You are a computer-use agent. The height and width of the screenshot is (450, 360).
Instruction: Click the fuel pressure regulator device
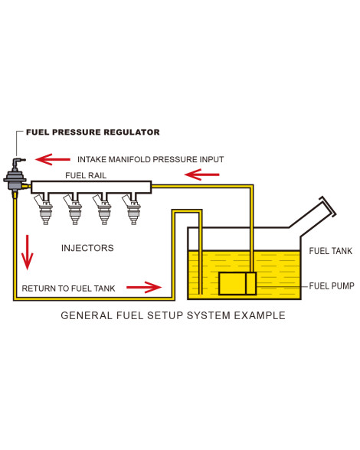(15, 178)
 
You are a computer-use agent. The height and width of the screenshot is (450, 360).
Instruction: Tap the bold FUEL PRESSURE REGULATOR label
(93, 132)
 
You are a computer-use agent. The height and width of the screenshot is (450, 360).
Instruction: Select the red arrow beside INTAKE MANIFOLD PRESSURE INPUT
(53, 159)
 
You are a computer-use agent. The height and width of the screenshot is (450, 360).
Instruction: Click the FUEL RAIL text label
(86, 175)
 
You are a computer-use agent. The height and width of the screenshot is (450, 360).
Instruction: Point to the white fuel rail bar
(91, 187)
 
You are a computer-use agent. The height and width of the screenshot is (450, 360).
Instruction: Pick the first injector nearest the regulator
(44, 208)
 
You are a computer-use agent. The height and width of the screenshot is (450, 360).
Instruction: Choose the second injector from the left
(74, 208)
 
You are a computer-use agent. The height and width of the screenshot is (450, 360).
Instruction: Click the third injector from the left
(103, 208)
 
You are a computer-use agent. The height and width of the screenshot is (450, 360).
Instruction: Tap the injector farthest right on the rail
(132, 208)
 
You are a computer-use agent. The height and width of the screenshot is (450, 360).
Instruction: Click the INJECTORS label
(87, 248)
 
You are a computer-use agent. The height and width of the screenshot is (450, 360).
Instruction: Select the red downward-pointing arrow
(28, 253)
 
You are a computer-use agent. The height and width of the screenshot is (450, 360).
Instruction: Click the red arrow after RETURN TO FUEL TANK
(144, 287)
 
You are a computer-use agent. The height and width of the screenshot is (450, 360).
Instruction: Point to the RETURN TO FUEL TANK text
(68, 289)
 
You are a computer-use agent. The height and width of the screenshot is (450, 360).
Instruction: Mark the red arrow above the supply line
(202, 174)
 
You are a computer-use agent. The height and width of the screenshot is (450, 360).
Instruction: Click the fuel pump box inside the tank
(237, 283)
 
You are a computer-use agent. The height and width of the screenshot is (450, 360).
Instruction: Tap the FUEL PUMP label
(332, 286)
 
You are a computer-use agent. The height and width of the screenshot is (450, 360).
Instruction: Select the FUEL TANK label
(330, 251)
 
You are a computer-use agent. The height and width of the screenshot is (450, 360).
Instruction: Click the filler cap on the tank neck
(328, 207)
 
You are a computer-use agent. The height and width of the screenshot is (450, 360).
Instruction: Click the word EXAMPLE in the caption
(260, 315)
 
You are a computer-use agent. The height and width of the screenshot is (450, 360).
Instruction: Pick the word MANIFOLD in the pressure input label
(129, 159)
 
